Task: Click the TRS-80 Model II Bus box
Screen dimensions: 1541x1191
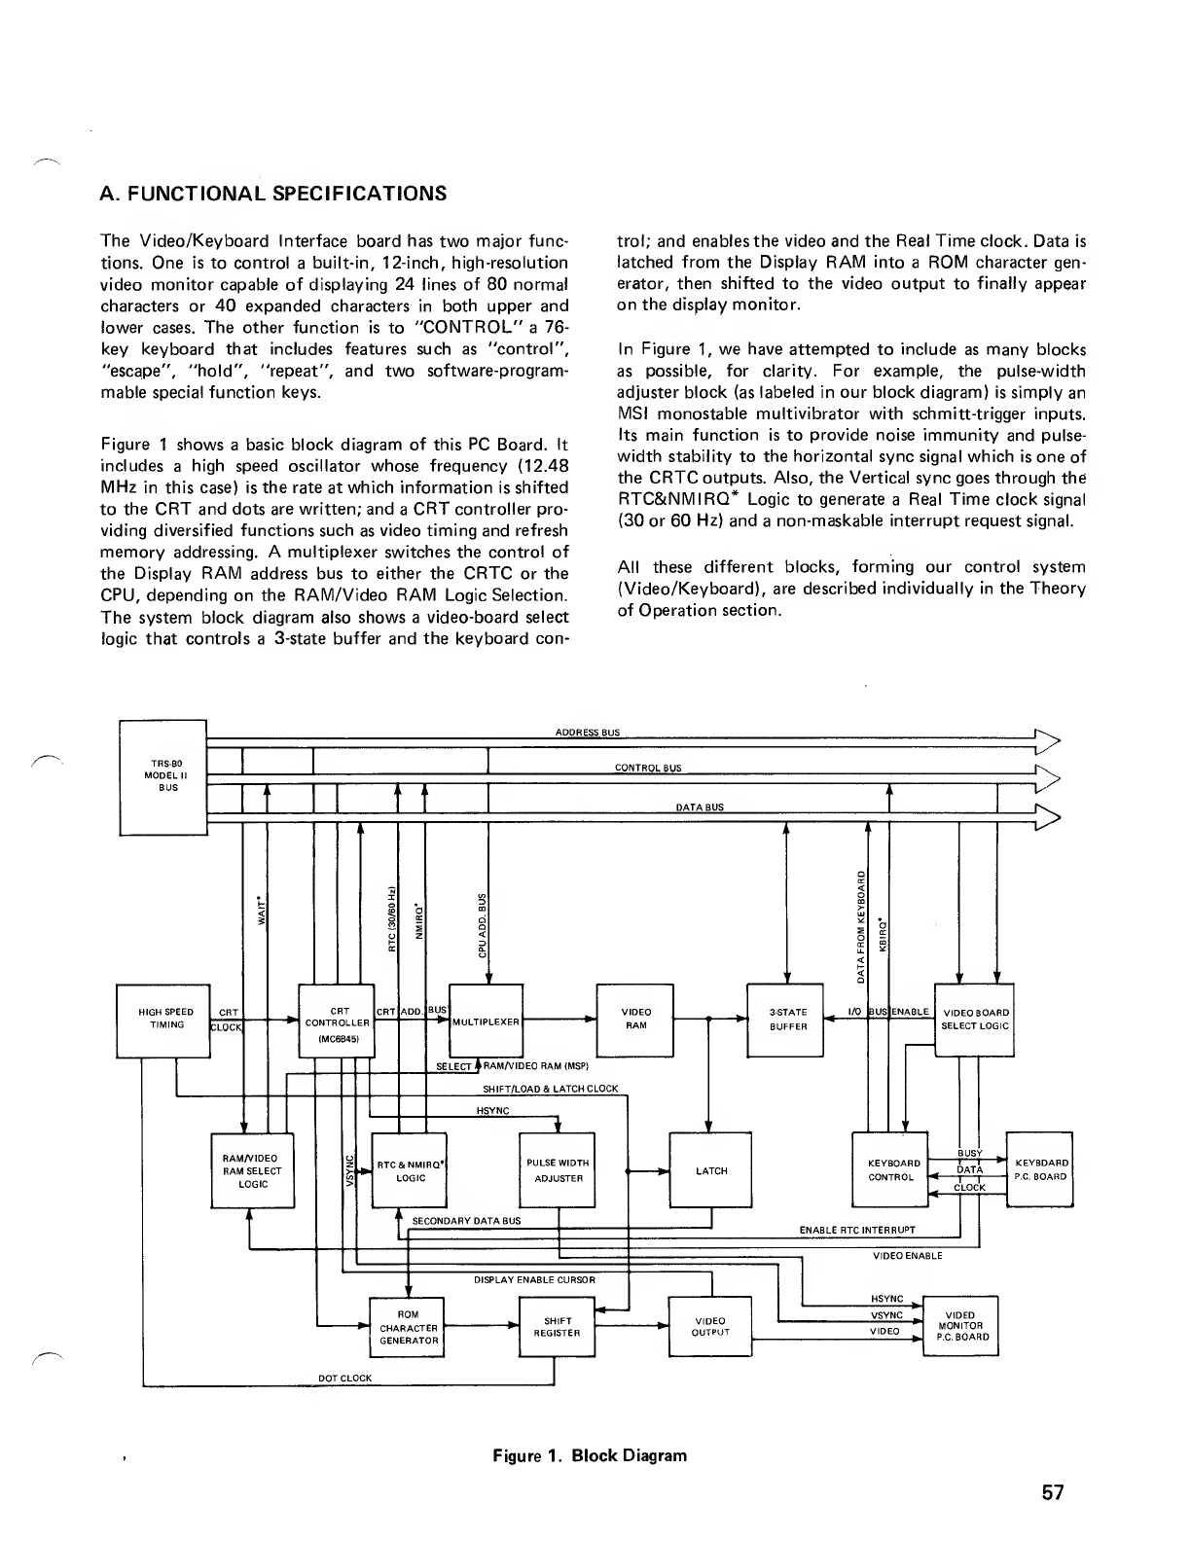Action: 162,775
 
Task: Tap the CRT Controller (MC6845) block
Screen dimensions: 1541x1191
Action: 337,1021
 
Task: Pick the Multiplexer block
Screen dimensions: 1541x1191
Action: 486,1021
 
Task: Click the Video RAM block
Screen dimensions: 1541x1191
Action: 635,1020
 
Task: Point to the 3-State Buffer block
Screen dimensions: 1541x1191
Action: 784,1020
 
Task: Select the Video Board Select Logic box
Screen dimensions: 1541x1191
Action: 975,1020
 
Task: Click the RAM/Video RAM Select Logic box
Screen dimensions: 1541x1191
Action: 252,1170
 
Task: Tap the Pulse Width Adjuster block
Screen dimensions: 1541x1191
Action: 558,1170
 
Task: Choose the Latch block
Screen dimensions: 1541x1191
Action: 711,1170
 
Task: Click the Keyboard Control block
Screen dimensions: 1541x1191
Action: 890,1170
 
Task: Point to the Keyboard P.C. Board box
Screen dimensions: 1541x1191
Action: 1039,1169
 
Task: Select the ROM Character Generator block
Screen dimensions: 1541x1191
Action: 408,1327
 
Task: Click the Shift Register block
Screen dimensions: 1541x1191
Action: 558,1327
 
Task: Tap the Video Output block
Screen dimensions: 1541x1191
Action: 710,1327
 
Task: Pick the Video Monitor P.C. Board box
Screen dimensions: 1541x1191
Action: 960,1325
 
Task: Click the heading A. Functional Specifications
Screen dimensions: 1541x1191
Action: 273,194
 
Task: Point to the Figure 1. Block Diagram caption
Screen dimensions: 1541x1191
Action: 589,1455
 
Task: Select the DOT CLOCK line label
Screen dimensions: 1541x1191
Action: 344,1378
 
